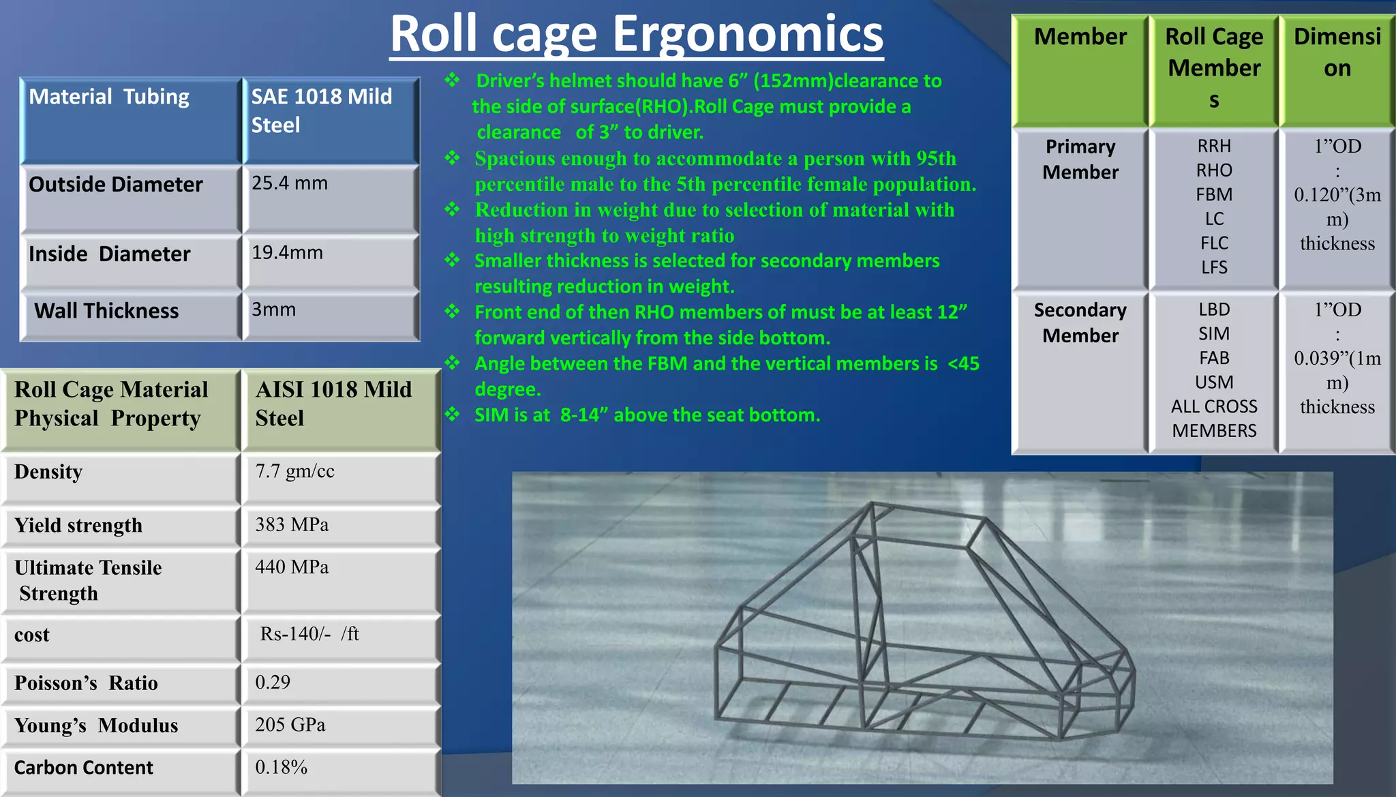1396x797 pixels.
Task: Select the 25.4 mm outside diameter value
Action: (x=290, y=183)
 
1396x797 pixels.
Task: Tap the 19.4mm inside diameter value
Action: (x=287, y=253)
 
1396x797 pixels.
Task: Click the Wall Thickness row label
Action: (x=106, y=311)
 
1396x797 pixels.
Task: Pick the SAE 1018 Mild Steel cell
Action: (x=321, y=110)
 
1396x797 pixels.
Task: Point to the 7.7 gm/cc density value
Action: (x=294, y=471)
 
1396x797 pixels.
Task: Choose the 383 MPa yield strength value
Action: (x=292, y=524)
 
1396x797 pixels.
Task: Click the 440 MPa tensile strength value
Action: (x=292, y=567)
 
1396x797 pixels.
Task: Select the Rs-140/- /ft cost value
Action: (x=309, y=634)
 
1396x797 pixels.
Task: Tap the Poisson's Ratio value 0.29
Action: (x=273, y=682)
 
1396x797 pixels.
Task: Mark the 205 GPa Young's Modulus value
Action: (x=290, y=724)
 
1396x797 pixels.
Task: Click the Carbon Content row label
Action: (x=84, y=768)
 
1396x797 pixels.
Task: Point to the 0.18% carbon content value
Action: (x=281, y=767)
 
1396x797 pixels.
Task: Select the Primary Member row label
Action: (x=1080, y=160)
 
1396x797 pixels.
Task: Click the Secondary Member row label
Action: (x=1080, y=322)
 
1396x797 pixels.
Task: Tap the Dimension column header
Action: (x=1337, y=52)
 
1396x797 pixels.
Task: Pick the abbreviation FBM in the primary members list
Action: (x=1214, y=195)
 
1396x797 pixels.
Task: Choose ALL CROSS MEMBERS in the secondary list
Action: (x=1214, y=419)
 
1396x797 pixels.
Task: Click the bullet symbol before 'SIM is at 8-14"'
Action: (x=453, y=414)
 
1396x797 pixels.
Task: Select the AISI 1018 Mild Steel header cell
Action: (x=333, y=404)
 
